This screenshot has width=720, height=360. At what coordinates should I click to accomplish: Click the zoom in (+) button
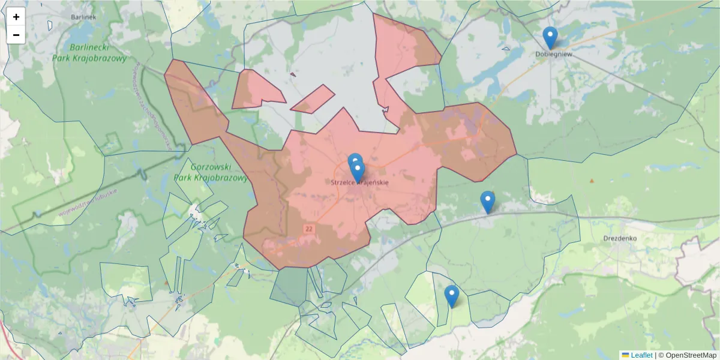pyautogui.click(x=16, y=17)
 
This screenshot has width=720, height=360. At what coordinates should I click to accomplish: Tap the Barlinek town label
pyautogui.click(x=83, y=17)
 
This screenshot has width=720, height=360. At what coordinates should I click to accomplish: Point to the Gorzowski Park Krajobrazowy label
pyautogui.click(x=211, y=172)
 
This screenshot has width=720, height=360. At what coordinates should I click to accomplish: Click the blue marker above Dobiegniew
pyautogui.click(x=550, y=37)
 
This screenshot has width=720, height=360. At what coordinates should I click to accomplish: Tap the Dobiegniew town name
pyautogui.click(x=554, y=54)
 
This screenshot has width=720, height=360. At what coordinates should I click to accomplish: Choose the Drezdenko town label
pyautogui.click(x=620, y=238)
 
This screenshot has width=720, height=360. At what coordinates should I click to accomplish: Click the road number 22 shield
pyautogui.click(x=309, y=229)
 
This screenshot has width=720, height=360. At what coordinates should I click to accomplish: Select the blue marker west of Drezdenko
pyautogui.click(x=488, y=202)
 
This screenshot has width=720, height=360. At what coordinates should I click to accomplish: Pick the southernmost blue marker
pyautogui.click(x=452, y=296)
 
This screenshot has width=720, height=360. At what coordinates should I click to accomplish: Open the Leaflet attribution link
pyautogui.click(x=641, y=355)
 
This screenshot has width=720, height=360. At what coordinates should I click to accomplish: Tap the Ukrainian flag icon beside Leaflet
pyautogui.click(x=625, y=355)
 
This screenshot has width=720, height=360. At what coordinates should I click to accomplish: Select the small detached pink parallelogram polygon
pyautogui.click(x=313, y=99)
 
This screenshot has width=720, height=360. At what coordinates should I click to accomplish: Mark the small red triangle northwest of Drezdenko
pyautogui.click(x=592, y=181)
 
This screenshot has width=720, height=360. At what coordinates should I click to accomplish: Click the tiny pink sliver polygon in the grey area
pyautogui.click(x=293, y=75)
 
